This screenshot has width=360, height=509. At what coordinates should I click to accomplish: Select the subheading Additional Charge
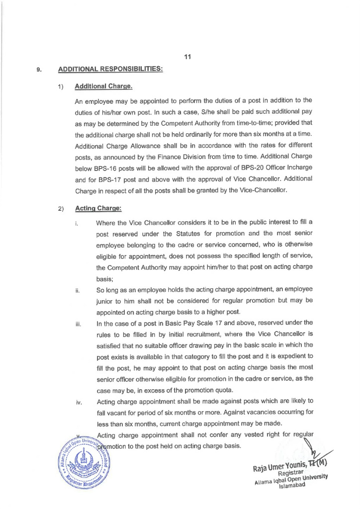click(x=103, y=86)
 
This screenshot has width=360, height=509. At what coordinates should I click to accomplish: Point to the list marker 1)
click(x=61, y=87)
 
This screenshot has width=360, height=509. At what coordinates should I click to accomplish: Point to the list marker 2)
click(x=61, y=208)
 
